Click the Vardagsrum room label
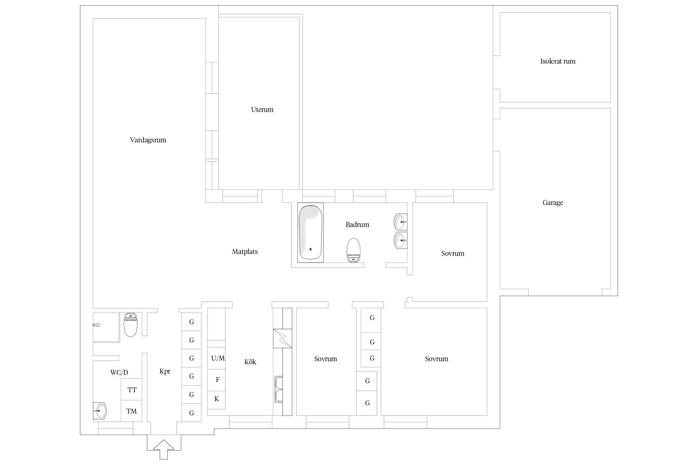coord(148,140)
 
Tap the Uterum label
coord(262,109)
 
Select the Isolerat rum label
coord(558,61)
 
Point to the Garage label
coord(553,203)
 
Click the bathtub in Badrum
coord(310,232)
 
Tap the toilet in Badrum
coord(353,250)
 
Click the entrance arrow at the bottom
coord(164,449)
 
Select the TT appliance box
coord(131,389)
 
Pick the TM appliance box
coord(131,411)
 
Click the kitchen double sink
coord(279,389)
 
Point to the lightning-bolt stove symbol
coord(283,339)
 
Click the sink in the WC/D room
coord(100,411)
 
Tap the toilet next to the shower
coord(130,325)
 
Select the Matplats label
coord(245,252)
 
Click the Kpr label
coord(165,371)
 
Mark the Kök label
coord(250,362)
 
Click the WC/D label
coord(119,372)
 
